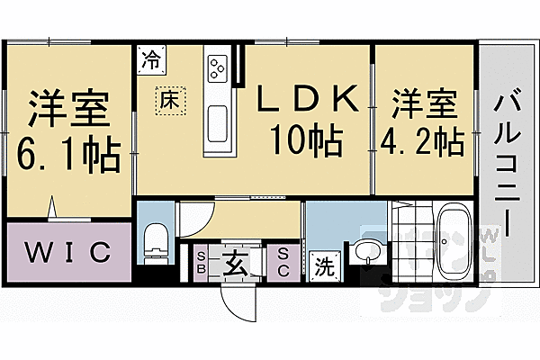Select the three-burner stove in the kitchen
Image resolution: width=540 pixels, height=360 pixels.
point(218,66)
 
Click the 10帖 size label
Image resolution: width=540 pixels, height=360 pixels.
point(302,139)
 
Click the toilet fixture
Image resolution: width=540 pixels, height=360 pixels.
point(157,238)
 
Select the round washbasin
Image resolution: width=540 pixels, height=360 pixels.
point(364,252)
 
